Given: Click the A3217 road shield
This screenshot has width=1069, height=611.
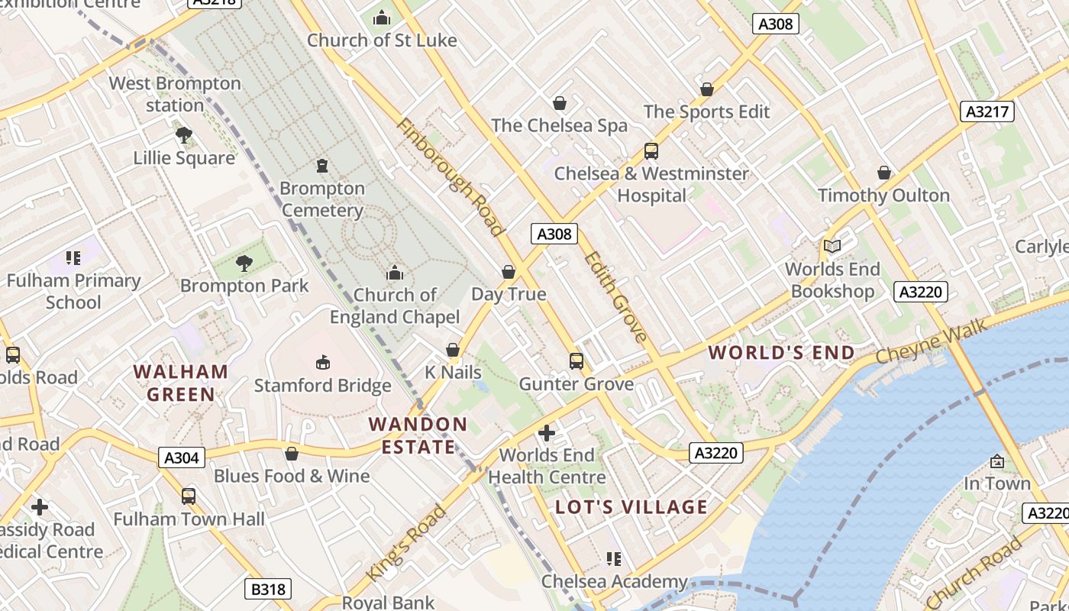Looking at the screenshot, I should [987, 112].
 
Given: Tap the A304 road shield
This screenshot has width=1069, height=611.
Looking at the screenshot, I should [182, 457].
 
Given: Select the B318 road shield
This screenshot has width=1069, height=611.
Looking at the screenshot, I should [268, 589].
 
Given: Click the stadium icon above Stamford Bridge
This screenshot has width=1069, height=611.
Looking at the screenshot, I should [322, 362].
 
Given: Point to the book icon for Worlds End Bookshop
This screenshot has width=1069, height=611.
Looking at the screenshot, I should [832, 246].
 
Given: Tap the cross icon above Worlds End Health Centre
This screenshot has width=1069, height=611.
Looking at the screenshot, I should [547, 433].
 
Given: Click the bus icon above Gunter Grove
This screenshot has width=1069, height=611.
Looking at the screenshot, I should [576, 360].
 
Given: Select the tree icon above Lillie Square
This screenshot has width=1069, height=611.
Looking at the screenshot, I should [183, 135].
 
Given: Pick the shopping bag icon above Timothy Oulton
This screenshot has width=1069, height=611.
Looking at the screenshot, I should [883, 173].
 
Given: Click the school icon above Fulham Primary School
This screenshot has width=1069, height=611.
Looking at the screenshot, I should [73, 258].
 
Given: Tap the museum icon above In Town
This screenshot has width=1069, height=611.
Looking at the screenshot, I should [996, 461].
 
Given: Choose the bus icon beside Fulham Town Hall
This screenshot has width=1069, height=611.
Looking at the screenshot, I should [189, 496].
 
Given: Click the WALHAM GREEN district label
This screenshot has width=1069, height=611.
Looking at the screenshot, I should [181, 383].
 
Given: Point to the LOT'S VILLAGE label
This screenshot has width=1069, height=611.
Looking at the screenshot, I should [631, 507].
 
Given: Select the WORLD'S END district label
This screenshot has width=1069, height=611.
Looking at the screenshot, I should [781, 352].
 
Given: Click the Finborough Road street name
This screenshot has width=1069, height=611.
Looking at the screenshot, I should [451, 177].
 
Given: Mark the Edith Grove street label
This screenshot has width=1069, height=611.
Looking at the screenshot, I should [616, 296].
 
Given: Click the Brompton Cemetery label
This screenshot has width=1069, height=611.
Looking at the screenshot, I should [322, 199].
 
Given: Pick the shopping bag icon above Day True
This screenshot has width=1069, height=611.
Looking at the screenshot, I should [509, 272].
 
